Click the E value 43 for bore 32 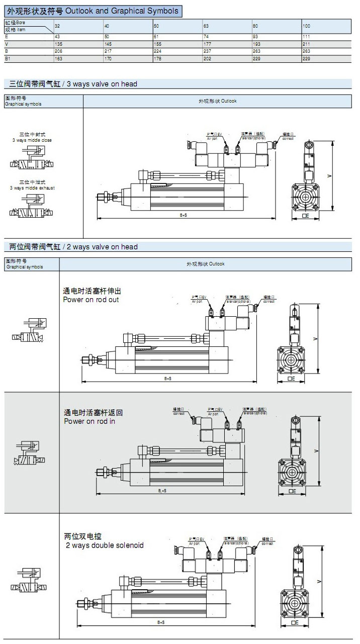click(x=57, y=37)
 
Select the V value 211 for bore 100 click(x=307, y=44)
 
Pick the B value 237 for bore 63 click(x=206, y=51)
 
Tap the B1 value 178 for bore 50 click(x=157, y=58)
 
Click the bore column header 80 click(x=256, y=25)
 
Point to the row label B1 click(x=8, y=58)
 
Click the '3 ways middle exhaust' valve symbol click(x=31, y=207)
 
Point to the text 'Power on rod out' click(x=91, y=300)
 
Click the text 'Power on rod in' click(x=89, y=421)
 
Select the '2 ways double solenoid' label click(x=104, y=545)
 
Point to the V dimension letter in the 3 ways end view click(x=328, y=176)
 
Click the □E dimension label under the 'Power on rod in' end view click(x=292, y=491)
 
